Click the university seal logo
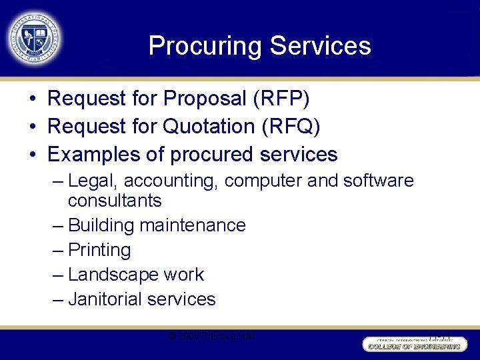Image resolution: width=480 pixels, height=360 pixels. point(35,38)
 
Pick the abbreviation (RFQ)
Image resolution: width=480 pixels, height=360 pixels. point(290,127)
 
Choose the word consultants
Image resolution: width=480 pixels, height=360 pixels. point(115,201)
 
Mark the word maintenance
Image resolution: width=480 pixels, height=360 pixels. point(193,225)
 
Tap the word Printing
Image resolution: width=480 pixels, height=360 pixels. point(99,250)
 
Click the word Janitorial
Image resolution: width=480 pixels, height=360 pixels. point(105,299)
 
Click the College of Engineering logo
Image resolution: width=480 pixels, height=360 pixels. point(413,345)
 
